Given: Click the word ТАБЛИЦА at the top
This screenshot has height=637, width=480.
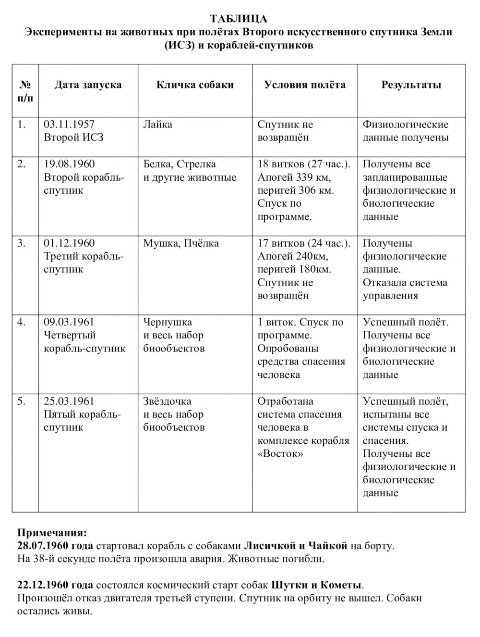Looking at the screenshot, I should (x=239, y=19).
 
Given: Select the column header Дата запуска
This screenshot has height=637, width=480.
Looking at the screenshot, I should (x=88, y=85).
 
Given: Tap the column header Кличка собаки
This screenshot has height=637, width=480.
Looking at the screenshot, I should (x=195, y=85).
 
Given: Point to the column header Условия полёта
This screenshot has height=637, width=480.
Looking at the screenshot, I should (x=305, y=85).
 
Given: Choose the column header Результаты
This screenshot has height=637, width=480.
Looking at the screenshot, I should (x=411, y=85).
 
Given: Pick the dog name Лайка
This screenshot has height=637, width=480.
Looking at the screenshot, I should (x=157, y=125).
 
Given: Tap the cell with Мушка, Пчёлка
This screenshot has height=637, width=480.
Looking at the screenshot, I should (x=181, y=243).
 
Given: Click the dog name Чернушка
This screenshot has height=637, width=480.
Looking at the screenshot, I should (x=168, y=322).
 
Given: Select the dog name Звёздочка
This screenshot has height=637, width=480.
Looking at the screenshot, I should (x=167, y=401).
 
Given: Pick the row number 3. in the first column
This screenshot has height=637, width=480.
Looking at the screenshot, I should (x=22, y=243).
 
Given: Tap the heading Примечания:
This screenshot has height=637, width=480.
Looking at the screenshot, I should (x=52, y=533).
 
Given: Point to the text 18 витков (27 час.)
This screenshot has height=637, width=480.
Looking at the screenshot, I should (x=304, y=164).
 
